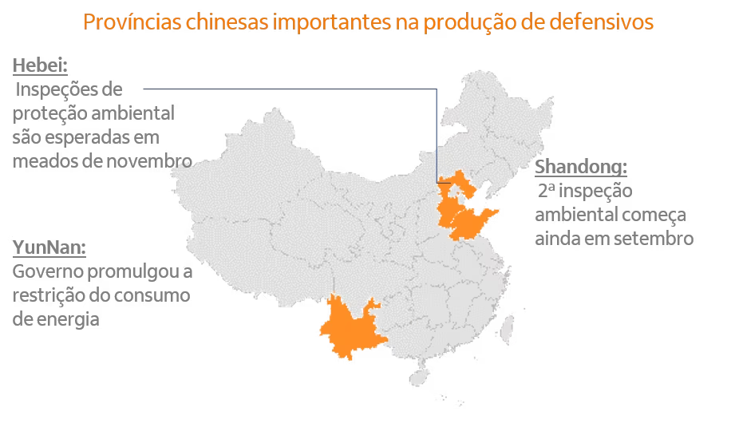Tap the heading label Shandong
580,168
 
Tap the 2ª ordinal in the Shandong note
548,192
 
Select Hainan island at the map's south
418,374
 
